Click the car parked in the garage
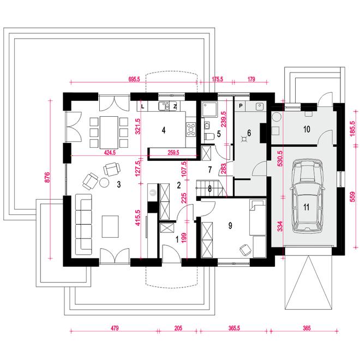(307, 196)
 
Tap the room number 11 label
(307, 207)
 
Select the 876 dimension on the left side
(47, 177)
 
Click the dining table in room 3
(109, 132)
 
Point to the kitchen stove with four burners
(191, 129)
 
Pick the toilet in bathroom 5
(209, 136)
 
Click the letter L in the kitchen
(142, 106)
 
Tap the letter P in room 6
(241, 106)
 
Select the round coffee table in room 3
(104, 183)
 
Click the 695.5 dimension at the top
(134, 79)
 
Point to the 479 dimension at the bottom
(115, 328)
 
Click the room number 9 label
(230, 226)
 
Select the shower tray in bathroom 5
(209, 110)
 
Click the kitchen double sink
(164, 106)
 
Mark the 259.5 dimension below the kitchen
(173, 152)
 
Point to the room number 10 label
(307, 129)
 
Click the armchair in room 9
(245, 250)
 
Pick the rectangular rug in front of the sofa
(110, 226)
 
